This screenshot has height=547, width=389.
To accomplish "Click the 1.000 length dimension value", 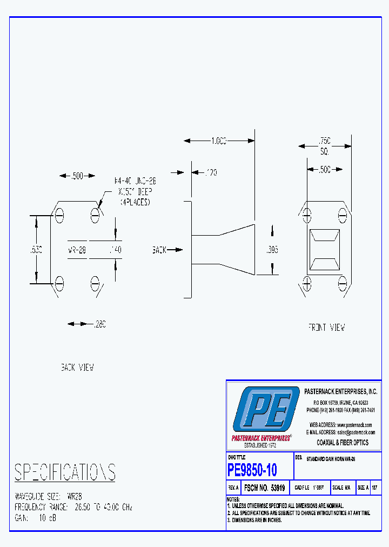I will pyautogui.click(x=219, y=141).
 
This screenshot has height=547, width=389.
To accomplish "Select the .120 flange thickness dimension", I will pyautogui.click(x=211, y=172).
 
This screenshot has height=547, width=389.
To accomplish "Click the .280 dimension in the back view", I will pyautogui.click(x=99, y=324).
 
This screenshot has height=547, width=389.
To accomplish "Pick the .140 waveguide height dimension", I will pyautogui.click(x=115, y=250).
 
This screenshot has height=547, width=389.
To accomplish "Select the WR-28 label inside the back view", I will pyautogui.click(x=76, y=250).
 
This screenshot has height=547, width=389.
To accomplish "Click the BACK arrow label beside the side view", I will pyautogui.click(x=159, y=250).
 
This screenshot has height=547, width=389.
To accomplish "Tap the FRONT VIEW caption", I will pyautogui.click(x=326, y=327).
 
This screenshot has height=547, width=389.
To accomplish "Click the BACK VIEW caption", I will pyautogui.click(x=77, y=368).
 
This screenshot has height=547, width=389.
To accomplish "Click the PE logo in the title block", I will pyautogui.click(x=266, y=409).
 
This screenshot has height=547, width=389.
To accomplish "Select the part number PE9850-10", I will pyautogui.click(x=252, y=470).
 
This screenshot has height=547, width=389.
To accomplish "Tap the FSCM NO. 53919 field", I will pyautogui.click(x=265, y=488).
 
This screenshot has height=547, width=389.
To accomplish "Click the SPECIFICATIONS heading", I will pyautogui.click(x=65, y=472).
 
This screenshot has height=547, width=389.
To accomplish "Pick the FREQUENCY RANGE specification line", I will pyautogui.click(x=73, y=508).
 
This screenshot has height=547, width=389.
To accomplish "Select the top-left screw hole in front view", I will pyautogui.click(x=307, y=216).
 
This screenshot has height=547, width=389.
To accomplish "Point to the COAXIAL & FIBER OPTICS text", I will pyautogui.click(x=343, y=442).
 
